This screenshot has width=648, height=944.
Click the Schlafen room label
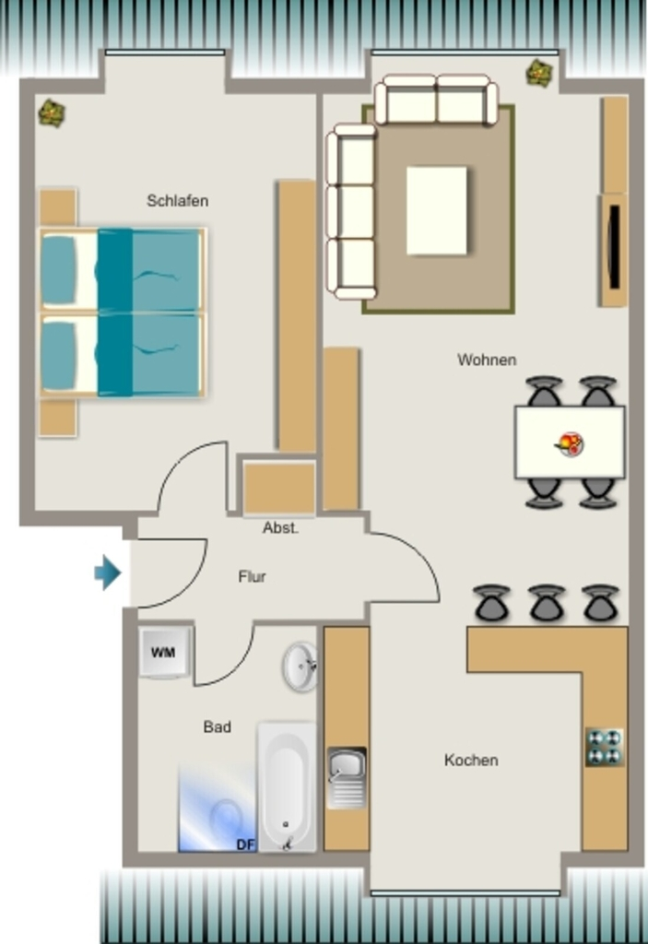(x=178, y=200)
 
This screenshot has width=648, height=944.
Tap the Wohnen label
(x=487, y=360)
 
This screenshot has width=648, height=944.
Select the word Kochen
(x=471, y=760)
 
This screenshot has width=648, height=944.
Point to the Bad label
(x=217, y=726)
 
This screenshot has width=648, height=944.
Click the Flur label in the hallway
(x=252, y=577)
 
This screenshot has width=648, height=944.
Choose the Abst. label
(x=280, y=528)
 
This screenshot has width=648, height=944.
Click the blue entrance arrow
(x=108, y=572)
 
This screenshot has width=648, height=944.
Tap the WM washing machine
(x=164, y=653)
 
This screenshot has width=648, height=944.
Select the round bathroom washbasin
(x=300, y=667)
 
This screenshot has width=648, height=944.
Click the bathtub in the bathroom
(x=287, y=787)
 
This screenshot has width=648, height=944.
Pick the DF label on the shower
(x=246, y=844)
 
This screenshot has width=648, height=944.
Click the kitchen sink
(x=347, y=777)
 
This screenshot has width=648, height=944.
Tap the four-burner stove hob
(x=605, y=747)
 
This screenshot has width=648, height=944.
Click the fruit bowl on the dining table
(x=570, y=444)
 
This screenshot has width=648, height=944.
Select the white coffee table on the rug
(x=437, y=211)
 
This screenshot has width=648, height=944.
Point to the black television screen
(x=615, y=247)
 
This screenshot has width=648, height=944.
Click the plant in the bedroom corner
(x=52, y=112)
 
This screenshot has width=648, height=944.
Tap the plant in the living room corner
(x=540, y=74)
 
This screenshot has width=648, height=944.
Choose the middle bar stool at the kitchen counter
(x=547, y=603)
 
